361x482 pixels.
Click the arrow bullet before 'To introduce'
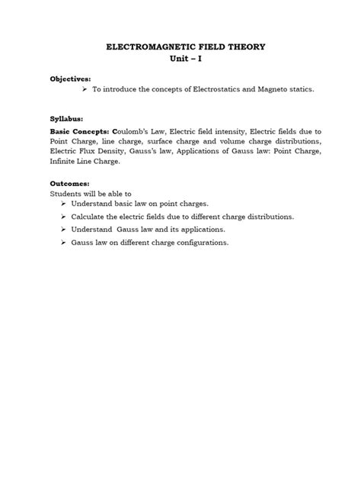(x=85, y=89)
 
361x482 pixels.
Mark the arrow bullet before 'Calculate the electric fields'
(x=63, y=216)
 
